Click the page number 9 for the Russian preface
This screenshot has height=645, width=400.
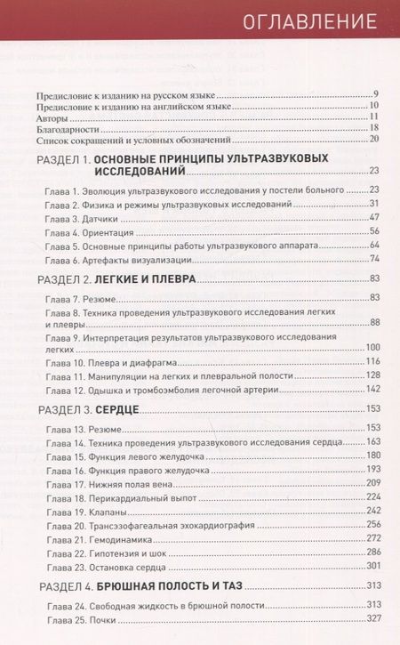[x=377, y=94]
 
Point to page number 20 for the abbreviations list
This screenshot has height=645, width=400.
[x=374, y=140]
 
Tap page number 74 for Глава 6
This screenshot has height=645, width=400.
[x=374, y=258]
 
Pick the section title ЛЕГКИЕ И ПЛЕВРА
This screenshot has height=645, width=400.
[x=147, y=279]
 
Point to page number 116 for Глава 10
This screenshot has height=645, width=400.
[x=372, y=361]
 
